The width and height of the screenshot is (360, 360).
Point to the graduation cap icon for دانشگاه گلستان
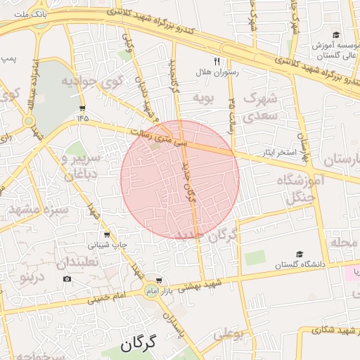(x=300, y=254)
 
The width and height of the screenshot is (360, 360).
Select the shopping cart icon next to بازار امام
(x=159, y=280)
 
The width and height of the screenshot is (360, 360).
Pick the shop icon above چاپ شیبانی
(x=107, y=235)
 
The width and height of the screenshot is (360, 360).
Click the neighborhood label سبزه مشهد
(x=38, y=209)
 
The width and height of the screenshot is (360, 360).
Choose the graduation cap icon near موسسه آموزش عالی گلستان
(x=336, y=35)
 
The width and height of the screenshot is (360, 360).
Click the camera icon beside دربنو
(x=67, y=279)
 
